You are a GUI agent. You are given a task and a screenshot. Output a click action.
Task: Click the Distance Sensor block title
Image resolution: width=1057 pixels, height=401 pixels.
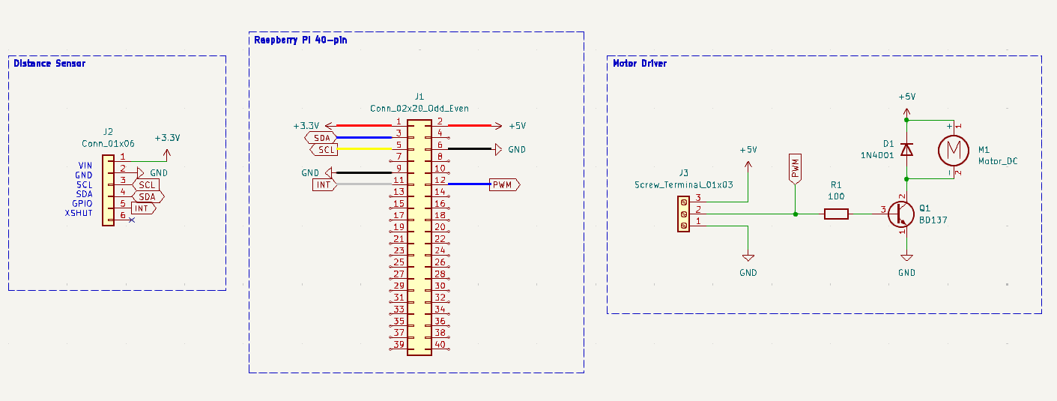[x=49, y=64]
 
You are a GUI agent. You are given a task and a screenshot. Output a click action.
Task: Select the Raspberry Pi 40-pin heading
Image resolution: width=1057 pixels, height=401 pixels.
[x=300, y=40]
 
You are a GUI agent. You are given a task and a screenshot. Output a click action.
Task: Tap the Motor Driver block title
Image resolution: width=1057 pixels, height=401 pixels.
[x=640, y=64]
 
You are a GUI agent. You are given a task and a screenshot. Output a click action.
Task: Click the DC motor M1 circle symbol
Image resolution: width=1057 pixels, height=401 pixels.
[x=953, y=150]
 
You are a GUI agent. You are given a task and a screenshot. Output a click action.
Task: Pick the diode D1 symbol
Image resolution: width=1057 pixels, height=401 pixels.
[x=906, y=149]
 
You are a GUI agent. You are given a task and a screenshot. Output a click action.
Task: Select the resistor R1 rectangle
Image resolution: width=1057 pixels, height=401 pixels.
[x=836, y=214]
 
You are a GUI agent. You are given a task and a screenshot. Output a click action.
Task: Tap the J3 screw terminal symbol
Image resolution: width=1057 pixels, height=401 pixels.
[x=683, y=214]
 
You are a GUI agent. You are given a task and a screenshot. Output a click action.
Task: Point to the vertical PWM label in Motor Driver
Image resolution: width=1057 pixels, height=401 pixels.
[x=795, y=169]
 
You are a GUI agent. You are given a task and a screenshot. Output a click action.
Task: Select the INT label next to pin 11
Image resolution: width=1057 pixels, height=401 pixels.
[x=323, y=184]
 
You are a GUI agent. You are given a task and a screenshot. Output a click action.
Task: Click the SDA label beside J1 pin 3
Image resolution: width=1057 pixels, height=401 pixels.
[x=321, y=137]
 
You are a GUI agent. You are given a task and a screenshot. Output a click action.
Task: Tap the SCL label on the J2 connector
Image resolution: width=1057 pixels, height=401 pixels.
[x=147, y=184]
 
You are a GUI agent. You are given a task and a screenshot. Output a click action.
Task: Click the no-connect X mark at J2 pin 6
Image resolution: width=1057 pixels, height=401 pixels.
[x=132, y=220]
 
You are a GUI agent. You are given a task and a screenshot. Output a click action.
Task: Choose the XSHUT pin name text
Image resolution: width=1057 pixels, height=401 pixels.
[x=79, y=213]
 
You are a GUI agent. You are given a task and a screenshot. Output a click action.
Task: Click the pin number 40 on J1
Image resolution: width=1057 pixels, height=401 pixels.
[x=440, y=344]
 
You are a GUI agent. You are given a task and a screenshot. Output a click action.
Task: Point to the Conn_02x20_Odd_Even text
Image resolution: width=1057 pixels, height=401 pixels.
[x=420, y=108]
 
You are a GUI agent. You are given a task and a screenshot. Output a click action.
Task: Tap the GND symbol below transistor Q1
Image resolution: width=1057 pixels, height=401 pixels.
[x=906, y=259]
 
